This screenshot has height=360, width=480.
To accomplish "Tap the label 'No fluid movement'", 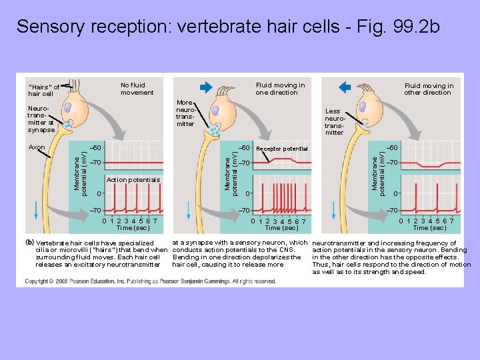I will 137,89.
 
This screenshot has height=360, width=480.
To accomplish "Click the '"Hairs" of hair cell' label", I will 43,90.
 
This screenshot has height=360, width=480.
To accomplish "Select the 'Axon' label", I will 37,147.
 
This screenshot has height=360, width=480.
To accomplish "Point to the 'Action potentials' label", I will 133,180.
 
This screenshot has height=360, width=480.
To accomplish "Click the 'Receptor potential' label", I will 282,149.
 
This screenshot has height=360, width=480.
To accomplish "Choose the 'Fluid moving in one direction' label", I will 280,89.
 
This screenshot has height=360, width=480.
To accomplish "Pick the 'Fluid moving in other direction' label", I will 429,89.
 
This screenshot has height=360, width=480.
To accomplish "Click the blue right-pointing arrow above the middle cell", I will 205,87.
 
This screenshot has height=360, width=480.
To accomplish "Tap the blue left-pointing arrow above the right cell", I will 346,87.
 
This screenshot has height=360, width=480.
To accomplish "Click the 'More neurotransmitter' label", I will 185,113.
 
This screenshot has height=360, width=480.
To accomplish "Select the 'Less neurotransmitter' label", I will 333,121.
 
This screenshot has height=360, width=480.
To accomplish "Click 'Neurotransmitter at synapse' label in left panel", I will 41,119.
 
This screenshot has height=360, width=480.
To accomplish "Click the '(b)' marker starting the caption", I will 30,242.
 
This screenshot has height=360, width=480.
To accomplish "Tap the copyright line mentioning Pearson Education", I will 151,281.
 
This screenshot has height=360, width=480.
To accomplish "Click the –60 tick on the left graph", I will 95,147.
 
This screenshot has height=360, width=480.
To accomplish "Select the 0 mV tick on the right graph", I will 396,194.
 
